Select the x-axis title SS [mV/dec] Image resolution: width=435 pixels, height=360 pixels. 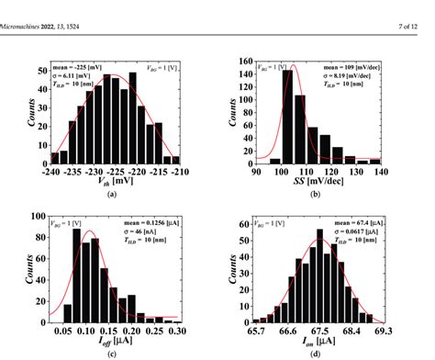318,181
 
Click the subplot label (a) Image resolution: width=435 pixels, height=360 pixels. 111,195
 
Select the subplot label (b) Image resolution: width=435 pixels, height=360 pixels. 318,195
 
